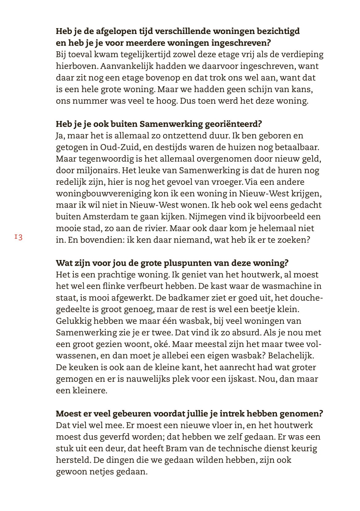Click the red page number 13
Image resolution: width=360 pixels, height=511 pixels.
pos(19,237)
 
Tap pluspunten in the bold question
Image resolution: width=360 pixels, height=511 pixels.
pos(199,263)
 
